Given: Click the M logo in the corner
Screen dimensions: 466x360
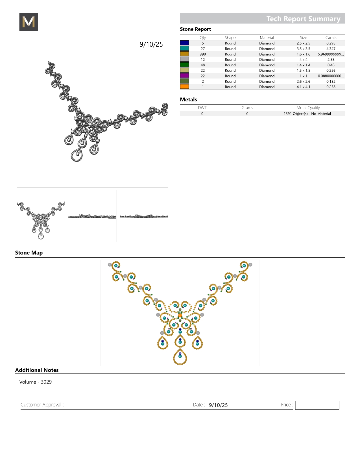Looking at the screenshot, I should (29, 22).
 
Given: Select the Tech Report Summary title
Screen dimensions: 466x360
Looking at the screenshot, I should (303, 19).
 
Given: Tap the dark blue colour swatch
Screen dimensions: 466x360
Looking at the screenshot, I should (184, 43).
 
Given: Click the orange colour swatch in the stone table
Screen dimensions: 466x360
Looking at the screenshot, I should (184, 87).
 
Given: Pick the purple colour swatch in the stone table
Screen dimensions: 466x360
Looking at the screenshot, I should (184, 76).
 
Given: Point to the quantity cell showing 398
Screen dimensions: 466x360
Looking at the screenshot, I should (203, 54).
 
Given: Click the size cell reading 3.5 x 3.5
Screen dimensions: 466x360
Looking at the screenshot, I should (303, 49).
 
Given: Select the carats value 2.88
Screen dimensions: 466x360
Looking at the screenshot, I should (331, 60).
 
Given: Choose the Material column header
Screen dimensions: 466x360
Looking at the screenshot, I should (267, 38).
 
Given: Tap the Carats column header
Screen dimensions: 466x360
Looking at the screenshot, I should (331, 38).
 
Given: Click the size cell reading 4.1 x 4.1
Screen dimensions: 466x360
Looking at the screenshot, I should (303, 87).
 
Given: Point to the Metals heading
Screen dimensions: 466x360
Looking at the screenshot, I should (188, 99).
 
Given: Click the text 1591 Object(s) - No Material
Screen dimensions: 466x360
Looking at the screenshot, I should (307, 114).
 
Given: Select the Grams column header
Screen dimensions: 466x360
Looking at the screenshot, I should (247, 108).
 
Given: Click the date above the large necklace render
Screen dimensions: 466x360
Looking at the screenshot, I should (151, 44).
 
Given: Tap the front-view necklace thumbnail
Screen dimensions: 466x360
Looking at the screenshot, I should (41, 216).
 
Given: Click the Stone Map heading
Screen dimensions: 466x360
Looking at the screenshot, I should (29, 253).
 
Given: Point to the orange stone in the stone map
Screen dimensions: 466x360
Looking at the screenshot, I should (180, 315).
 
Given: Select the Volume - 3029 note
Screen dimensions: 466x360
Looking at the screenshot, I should (36, 382).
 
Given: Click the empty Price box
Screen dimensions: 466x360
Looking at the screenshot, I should (317, 405).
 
